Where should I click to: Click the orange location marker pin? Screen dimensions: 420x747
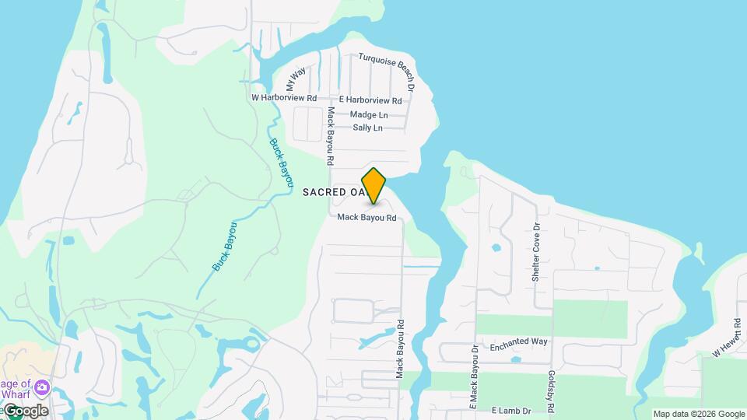373,186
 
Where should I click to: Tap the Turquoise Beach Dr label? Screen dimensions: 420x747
387,71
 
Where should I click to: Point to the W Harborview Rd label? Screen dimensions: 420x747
284,99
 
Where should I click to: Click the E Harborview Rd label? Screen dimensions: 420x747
370,100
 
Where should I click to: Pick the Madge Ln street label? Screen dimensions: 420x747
369,114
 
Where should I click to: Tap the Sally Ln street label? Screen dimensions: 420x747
368,128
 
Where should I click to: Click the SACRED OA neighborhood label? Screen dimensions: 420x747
334,191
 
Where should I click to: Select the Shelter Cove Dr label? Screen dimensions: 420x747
536,254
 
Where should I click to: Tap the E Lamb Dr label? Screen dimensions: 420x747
511,410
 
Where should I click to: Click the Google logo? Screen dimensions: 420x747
26,411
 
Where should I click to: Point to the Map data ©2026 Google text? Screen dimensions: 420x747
699,414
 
